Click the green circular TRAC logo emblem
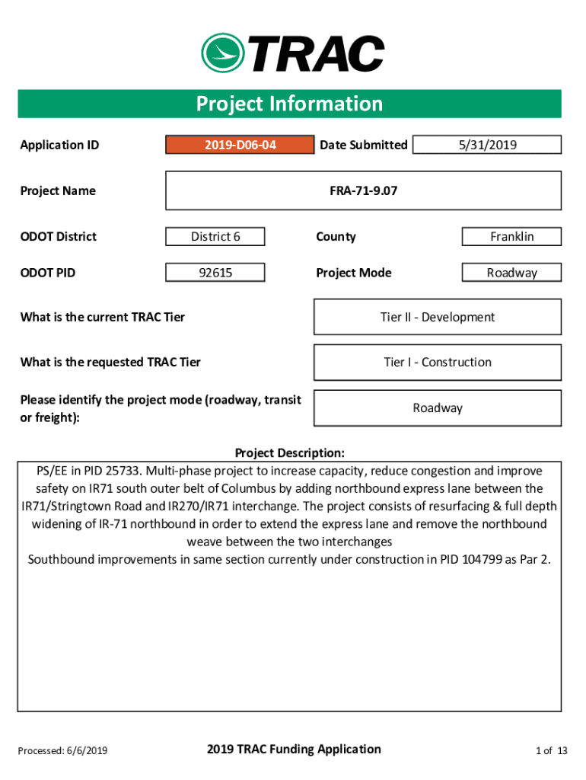(x=221, y=53)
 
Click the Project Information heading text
(x=289, y=104)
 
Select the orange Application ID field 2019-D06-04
(x=240, y=145)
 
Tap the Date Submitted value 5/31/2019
(x=487, y=145)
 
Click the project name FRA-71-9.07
(x=363, y=190)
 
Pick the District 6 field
(x=215, y=237)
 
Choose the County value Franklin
(x=511, y=237)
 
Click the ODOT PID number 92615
(x=215, y=273)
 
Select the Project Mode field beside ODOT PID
(x=511, y=273)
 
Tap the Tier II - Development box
(x=438, y=317)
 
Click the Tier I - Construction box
(x=438, y=363)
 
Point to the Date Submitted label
(x=363, y=145)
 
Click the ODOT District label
(x=59, y=237)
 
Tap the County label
(x=336, y=237)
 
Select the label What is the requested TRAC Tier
(x=110, y=363)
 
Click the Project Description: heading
(x=289, y=453)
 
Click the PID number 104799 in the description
(x=482, y=560)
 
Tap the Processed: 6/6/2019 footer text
(x=62, y=751)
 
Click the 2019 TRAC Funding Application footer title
(x=293, y=750)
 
